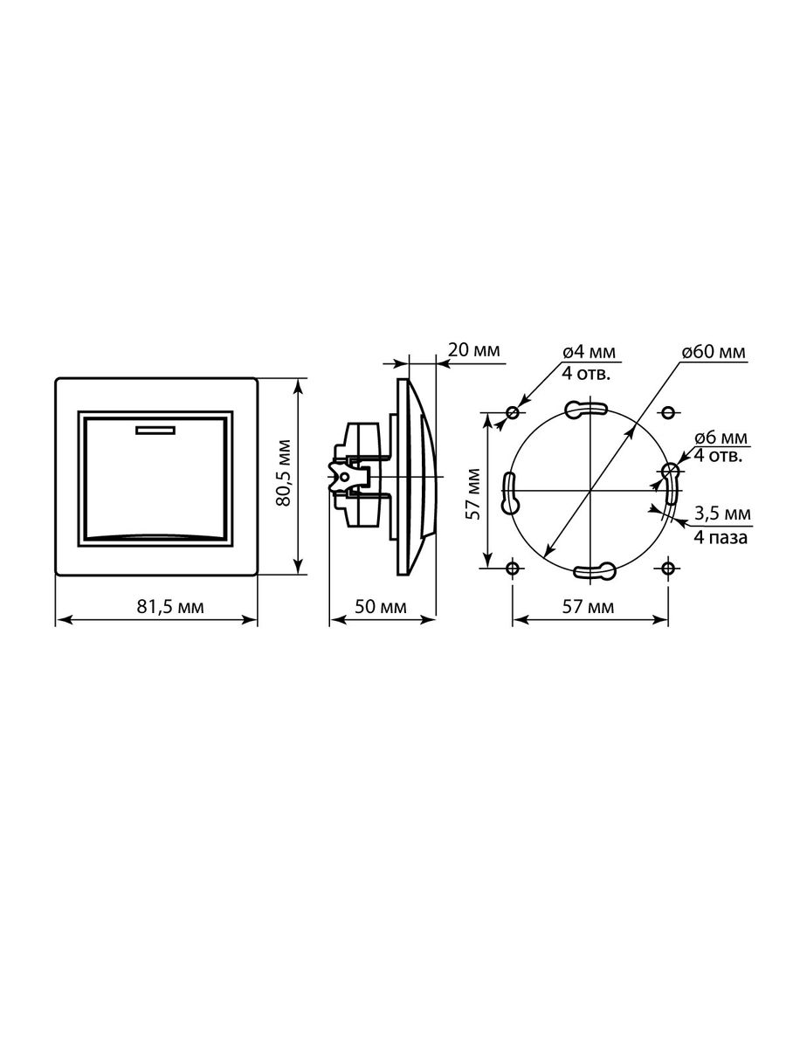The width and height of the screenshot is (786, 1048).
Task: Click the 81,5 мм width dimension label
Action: click(170, 607)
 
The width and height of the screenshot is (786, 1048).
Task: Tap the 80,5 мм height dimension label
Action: click(284, 472)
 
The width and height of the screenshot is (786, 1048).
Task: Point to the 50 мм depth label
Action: click(381, 607)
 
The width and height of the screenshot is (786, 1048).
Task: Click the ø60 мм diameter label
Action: click(714, 352)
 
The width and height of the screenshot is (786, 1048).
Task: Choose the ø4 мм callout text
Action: click(589, 352)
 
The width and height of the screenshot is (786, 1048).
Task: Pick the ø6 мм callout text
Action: click(721, 438)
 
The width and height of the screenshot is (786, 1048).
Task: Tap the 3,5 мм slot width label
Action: click(722, 514)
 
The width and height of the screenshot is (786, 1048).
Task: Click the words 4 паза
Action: click(720, 538)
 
